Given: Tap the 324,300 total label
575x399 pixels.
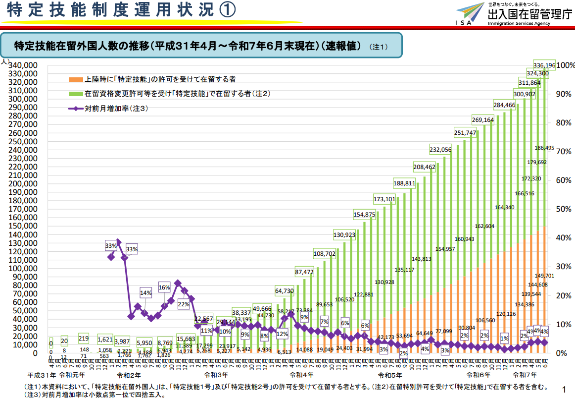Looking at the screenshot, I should tap(537, 73).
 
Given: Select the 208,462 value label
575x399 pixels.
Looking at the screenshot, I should tap(424, 167).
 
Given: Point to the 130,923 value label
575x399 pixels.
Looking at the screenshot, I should tap(345, 234).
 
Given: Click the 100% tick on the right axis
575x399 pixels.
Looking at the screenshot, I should tap(566, 65).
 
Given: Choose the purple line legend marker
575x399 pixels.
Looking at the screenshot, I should tap(76, 108).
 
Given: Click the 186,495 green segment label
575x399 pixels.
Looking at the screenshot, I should tap(544, 148).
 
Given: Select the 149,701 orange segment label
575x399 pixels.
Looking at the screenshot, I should tap(544, 276).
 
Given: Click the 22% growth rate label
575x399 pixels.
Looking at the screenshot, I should tap(184, 304).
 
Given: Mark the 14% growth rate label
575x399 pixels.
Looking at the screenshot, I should tap(146, 293).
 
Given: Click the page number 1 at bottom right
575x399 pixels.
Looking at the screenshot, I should tap(564, 389).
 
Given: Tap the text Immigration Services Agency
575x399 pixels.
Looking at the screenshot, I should tap(519, 24).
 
